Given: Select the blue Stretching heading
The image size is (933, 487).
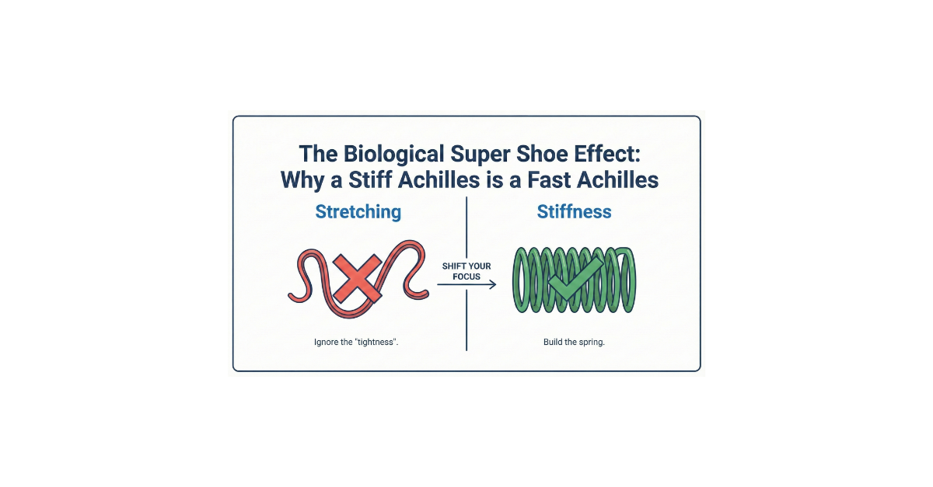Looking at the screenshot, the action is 358,211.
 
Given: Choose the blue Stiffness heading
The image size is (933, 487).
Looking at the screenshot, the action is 575,211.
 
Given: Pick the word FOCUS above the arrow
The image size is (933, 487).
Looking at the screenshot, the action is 466,277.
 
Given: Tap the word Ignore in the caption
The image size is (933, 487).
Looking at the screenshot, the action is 328,343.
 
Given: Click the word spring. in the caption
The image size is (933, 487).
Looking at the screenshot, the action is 592,343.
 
